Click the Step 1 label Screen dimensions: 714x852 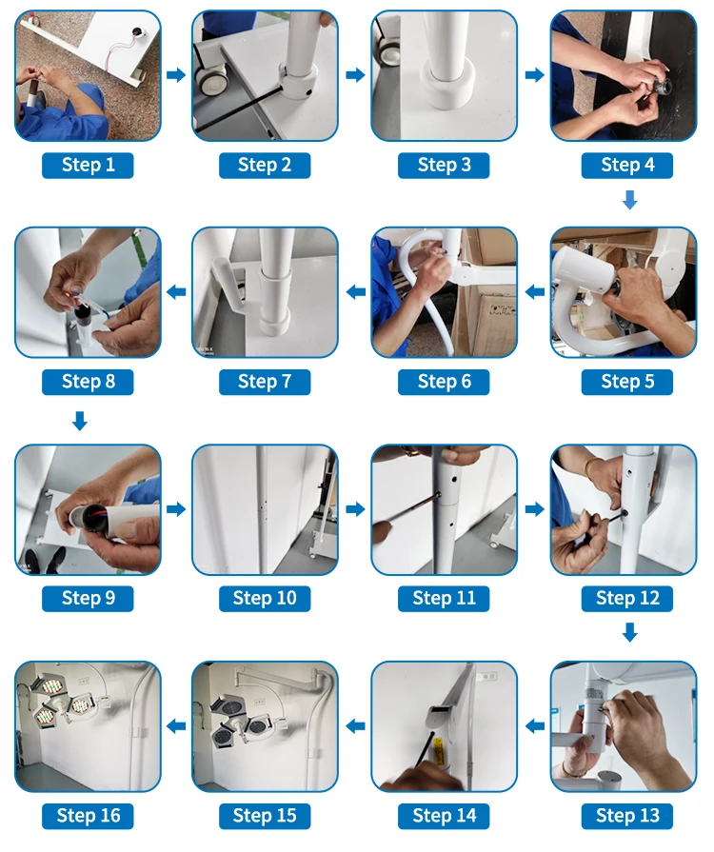coord(88,166)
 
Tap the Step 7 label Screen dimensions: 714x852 coord(265,382)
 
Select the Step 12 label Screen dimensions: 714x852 coord(627,599)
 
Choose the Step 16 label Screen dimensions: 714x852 coord(88,816)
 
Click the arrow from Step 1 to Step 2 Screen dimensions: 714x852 coord(176,74)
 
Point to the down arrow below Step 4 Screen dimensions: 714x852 coord(630,200)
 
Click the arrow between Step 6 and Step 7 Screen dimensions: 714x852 coord(356,292)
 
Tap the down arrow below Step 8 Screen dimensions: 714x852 coord(80,421)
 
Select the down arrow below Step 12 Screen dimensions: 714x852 coord(630,632)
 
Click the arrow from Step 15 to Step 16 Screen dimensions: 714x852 coord(176,726)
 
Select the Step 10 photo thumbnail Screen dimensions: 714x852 coord(265,509)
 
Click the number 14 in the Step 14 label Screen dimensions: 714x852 coord(466,816)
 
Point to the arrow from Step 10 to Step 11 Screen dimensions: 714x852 coord(356,509)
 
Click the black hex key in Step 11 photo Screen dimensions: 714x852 coord(412,508)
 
